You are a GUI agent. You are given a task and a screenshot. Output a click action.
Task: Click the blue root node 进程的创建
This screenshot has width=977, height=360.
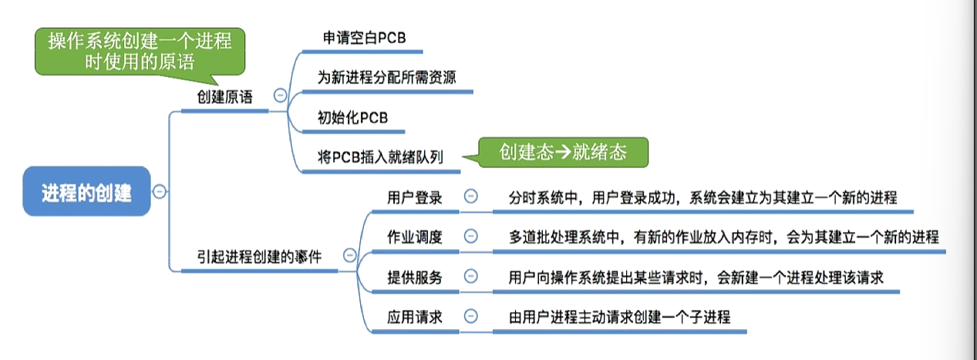(x=86, y=193)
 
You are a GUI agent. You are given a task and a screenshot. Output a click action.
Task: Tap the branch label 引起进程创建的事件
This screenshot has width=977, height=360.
(x=258, y=256)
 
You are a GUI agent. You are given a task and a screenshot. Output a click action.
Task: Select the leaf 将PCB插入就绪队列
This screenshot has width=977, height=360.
(x=379, y=158)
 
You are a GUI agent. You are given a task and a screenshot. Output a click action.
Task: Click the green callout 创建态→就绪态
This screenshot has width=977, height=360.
(x=562, y=152)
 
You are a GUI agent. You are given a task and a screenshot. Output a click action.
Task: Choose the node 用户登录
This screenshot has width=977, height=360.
(x=415, y=197)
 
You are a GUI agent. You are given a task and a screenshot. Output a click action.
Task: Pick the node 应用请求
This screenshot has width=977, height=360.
(x=415, y=317)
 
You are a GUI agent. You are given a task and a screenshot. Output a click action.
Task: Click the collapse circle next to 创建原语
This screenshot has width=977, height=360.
(x=280, y=96)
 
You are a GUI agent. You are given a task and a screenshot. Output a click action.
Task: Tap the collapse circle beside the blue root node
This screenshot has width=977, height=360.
(x=159, y=192)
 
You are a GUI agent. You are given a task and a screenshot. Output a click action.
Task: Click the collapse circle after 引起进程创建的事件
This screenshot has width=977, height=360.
(x=349, y=255)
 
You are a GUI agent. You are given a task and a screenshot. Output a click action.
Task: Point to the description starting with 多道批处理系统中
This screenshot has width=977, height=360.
(x=723, y=237)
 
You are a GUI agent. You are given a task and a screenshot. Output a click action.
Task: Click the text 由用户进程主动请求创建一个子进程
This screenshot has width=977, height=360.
(x=619, y=317)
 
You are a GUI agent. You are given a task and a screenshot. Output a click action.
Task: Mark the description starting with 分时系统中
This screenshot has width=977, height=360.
(x=702, y=197)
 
